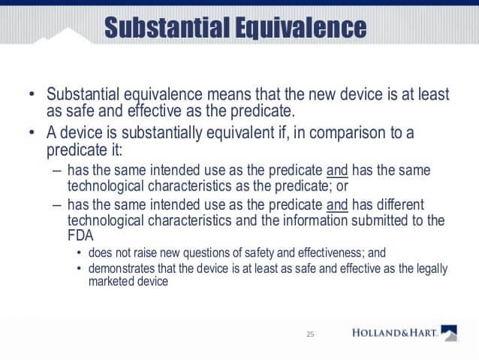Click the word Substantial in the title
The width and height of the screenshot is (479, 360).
click(167, 27)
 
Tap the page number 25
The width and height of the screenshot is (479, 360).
click(310, 334)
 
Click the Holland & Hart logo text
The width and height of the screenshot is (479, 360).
click(394, 333)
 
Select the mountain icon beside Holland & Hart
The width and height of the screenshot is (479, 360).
click(449, 333)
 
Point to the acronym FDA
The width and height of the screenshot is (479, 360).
click(80, 235)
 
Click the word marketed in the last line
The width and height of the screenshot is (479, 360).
click(111, 281)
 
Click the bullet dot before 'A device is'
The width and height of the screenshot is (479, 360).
click(32, 133)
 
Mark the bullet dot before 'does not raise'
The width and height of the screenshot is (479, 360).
click(79, 253)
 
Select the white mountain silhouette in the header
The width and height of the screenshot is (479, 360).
click(65, 37)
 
